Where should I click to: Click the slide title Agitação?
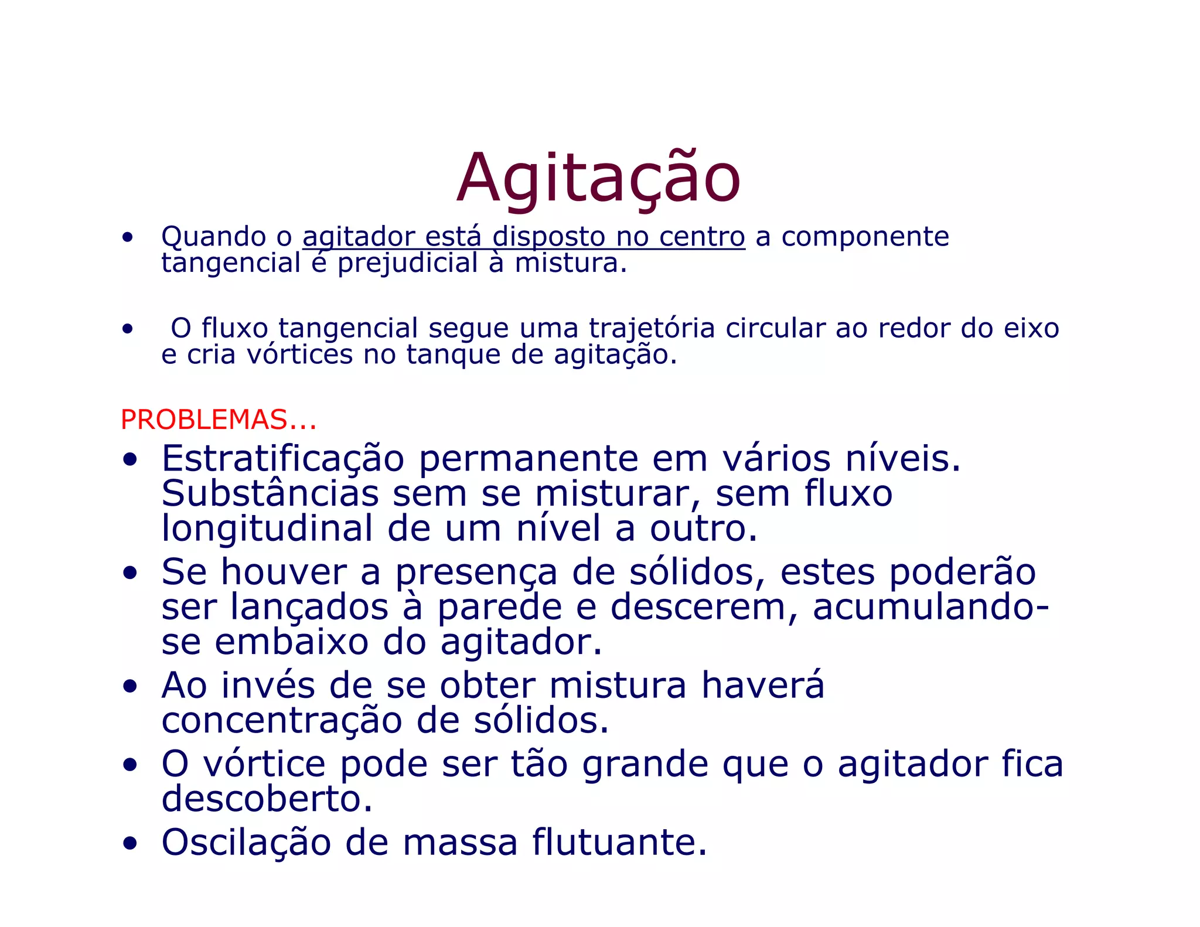click(598, 179)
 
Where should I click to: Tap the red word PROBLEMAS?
click(203, 420)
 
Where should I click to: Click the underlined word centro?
click(702, 237)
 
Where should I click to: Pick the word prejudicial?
click(408, 263)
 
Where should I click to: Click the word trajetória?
click(652, 328)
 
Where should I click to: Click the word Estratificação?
click(282, 459)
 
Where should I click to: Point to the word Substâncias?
click(270, 494)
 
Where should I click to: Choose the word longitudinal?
click(267, 529)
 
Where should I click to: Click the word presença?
click(476, 572)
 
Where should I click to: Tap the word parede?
click(499, 607)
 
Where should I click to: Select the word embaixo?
click(291, 642)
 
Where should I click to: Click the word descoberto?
click(267, 799)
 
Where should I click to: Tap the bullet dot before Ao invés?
click(129, 686)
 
